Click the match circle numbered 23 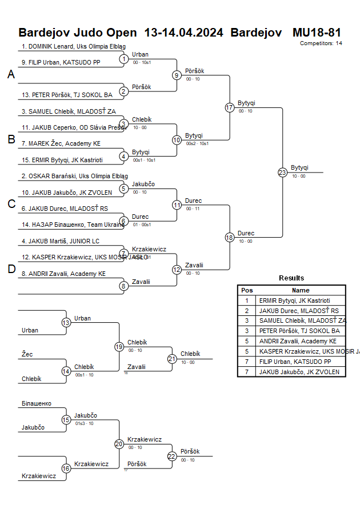(282, 173)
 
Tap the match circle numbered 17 (230, 107)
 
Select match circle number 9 (177, 75)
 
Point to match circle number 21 (172, 359)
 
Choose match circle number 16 (66, 468)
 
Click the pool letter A (11, 74)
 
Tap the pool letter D (11, 270)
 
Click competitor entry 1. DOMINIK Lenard (74, 47)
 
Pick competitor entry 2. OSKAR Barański (74, 176)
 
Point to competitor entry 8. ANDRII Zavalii (63, 274)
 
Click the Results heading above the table (291, 278)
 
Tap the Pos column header (247, 290)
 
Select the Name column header (301, 290)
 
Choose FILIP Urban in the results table (294, 362)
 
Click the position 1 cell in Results (247, 300)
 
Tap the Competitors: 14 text (321, 43)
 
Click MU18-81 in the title (317, 32)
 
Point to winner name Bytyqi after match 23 (299, 167)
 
